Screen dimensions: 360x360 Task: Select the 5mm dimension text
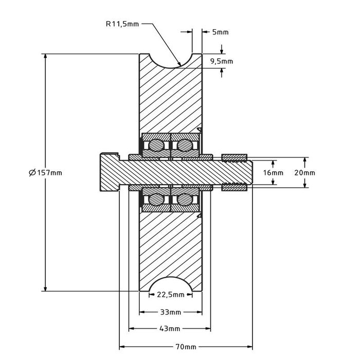(x=220, y=32)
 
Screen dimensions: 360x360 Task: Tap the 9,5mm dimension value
(x=222, y=61)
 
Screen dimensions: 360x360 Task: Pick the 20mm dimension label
(x=305, y=173)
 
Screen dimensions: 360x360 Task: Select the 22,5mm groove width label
(x=171, y=295)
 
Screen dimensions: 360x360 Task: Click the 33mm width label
(x=170, y=312)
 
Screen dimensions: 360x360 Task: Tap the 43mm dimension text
(x=170, y=328)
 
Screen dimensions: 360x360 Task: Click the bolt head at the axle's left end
(x=109, y=172)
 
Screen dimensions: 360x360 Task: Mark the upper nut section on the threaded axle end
(x=235, y=156)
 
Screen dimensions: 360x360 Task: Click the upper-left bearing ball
(x=156, y=146)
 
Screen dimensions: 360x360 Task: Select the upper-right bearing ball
(x=183, y=146)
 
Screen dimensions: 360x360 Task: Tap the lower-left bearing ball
(x=156, y=199)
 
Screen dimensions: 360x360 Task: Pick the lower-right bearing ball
(x=183, y=199)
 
